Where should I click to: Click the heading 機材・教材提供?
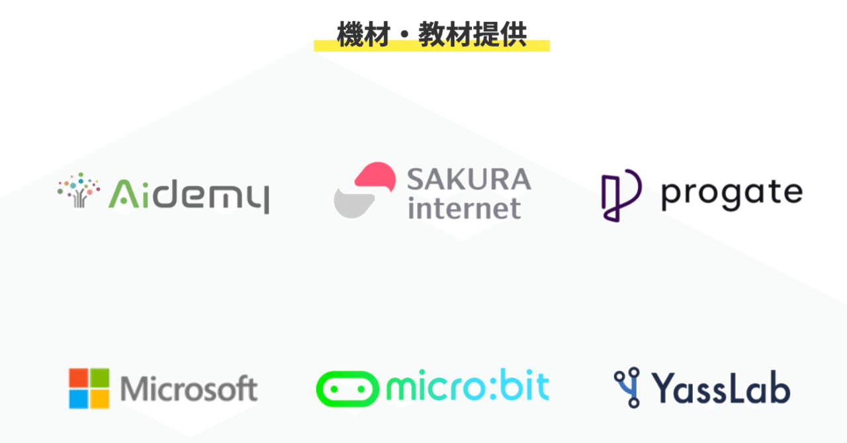432,34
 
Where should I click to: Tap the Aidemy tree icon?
79,190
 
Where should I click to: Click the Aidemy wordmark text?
189,194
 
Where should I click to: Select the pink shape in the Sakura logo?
375,176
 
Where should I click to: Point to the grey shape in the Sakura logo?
353,204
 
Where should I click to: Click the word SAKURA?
469,179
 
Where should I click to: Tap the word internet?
465,208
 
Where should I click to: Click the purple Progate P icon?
621,195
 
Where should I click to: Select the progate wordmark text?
732,194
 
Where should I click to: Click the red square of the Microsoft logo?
79,378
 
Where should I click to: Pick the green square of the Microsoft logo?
100,378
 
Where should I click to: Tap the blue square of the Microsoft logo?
79,399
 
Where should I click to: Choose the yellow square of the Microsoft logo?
100,399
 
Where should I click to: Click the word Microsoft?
189,388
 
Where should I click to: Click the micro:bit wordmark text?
468,385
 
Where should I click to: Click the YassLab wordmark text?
721,388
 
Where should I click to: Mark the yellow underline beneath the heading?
432,46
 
